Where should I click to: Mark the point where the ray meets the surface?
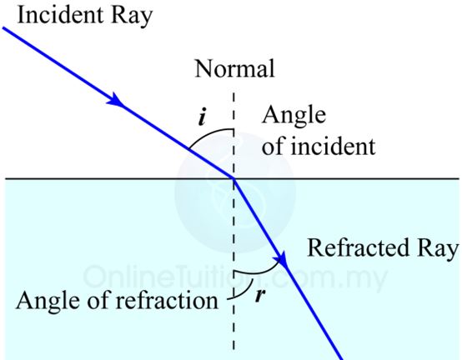(x=234, y=177)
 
